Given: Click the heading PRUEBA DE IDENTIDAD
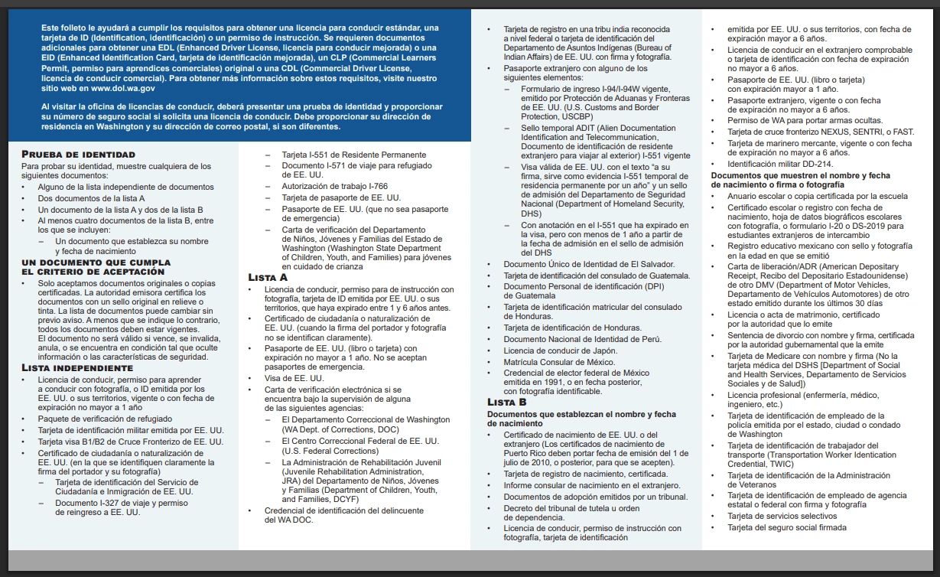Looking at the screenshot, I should point(78,155).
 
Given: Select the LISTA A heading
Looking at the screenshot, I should point(268,277).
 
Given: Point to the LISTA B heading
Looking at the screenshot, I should point(507,402).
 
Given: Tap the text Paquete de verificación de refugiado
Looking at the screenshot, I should point(105,419).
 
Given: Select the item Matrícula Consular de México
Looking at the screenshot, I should point(559,362).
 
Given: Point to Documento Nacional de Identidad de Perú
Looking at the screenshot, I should point(582,339).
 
